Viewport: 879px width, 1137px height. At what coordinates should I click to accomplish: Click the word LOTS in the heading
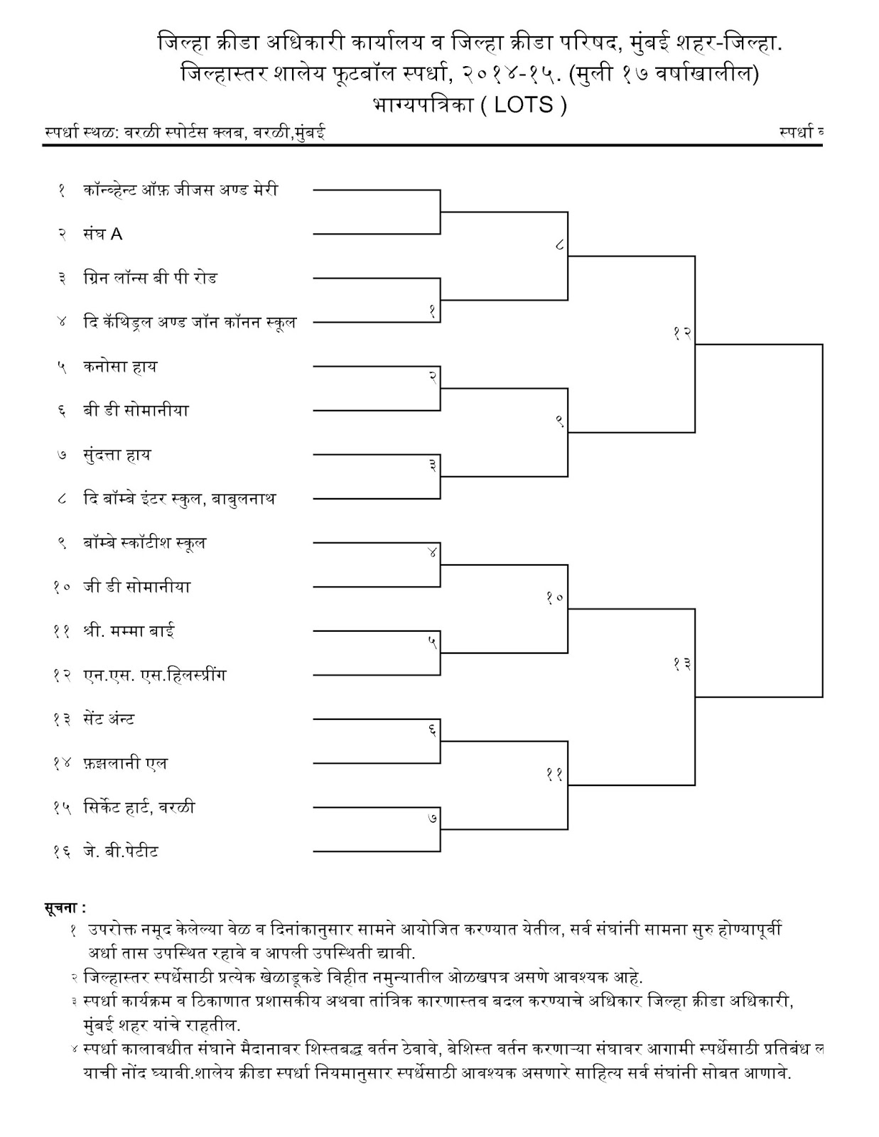point(523,105)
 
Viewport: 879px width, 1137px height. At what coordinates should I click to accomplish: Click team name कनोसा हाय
point(119,367)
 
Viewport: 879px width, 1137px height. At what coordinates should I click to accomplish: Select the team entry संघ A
point(102,234)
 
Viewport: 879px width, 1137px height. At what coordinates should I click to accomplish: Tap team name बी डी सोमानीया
point(136,411)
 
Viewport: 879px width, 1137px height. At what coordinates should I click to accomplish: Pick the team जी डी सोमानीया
point(136,587)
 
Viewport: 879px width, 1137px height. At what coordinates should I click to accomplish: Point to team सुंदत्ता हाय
point(117,455)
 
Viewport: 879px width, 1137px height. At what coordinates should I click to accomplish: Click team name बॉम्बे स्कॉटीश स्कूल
point(144,543)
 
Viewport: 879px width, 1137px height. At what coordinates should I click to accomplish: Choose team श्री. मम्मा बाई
point(129,631)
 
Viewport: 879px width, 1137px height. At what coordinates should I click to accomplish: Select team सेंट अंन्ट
point(109,719)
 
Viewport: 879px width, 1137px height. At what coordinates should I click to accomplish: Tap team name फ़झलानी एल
point(125,763)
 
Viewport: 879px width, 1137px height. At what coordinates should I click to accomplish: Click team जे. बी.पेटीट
point(120,851)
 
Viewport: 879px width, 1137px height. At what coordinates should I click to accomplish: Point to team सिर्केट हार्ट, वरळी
point(139,807)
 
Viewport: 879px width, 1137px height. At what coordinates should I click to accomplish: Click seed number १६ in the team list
point(62,852)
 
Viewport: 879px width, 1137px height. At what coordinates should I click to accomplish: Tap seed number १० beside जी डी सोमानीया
point(62,588)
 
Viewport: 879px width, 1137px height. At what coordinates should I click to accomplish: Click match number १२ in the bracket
point(682,333)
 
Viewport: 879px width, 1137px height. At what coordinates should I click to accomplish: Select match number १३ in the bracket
point(682,664)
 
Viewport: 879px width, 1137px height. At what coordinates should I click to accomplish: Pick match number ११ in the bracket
point(554,774)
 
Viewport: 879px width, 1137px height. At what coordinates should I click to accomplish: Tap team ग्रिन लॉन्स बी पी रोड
point(150,278)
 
